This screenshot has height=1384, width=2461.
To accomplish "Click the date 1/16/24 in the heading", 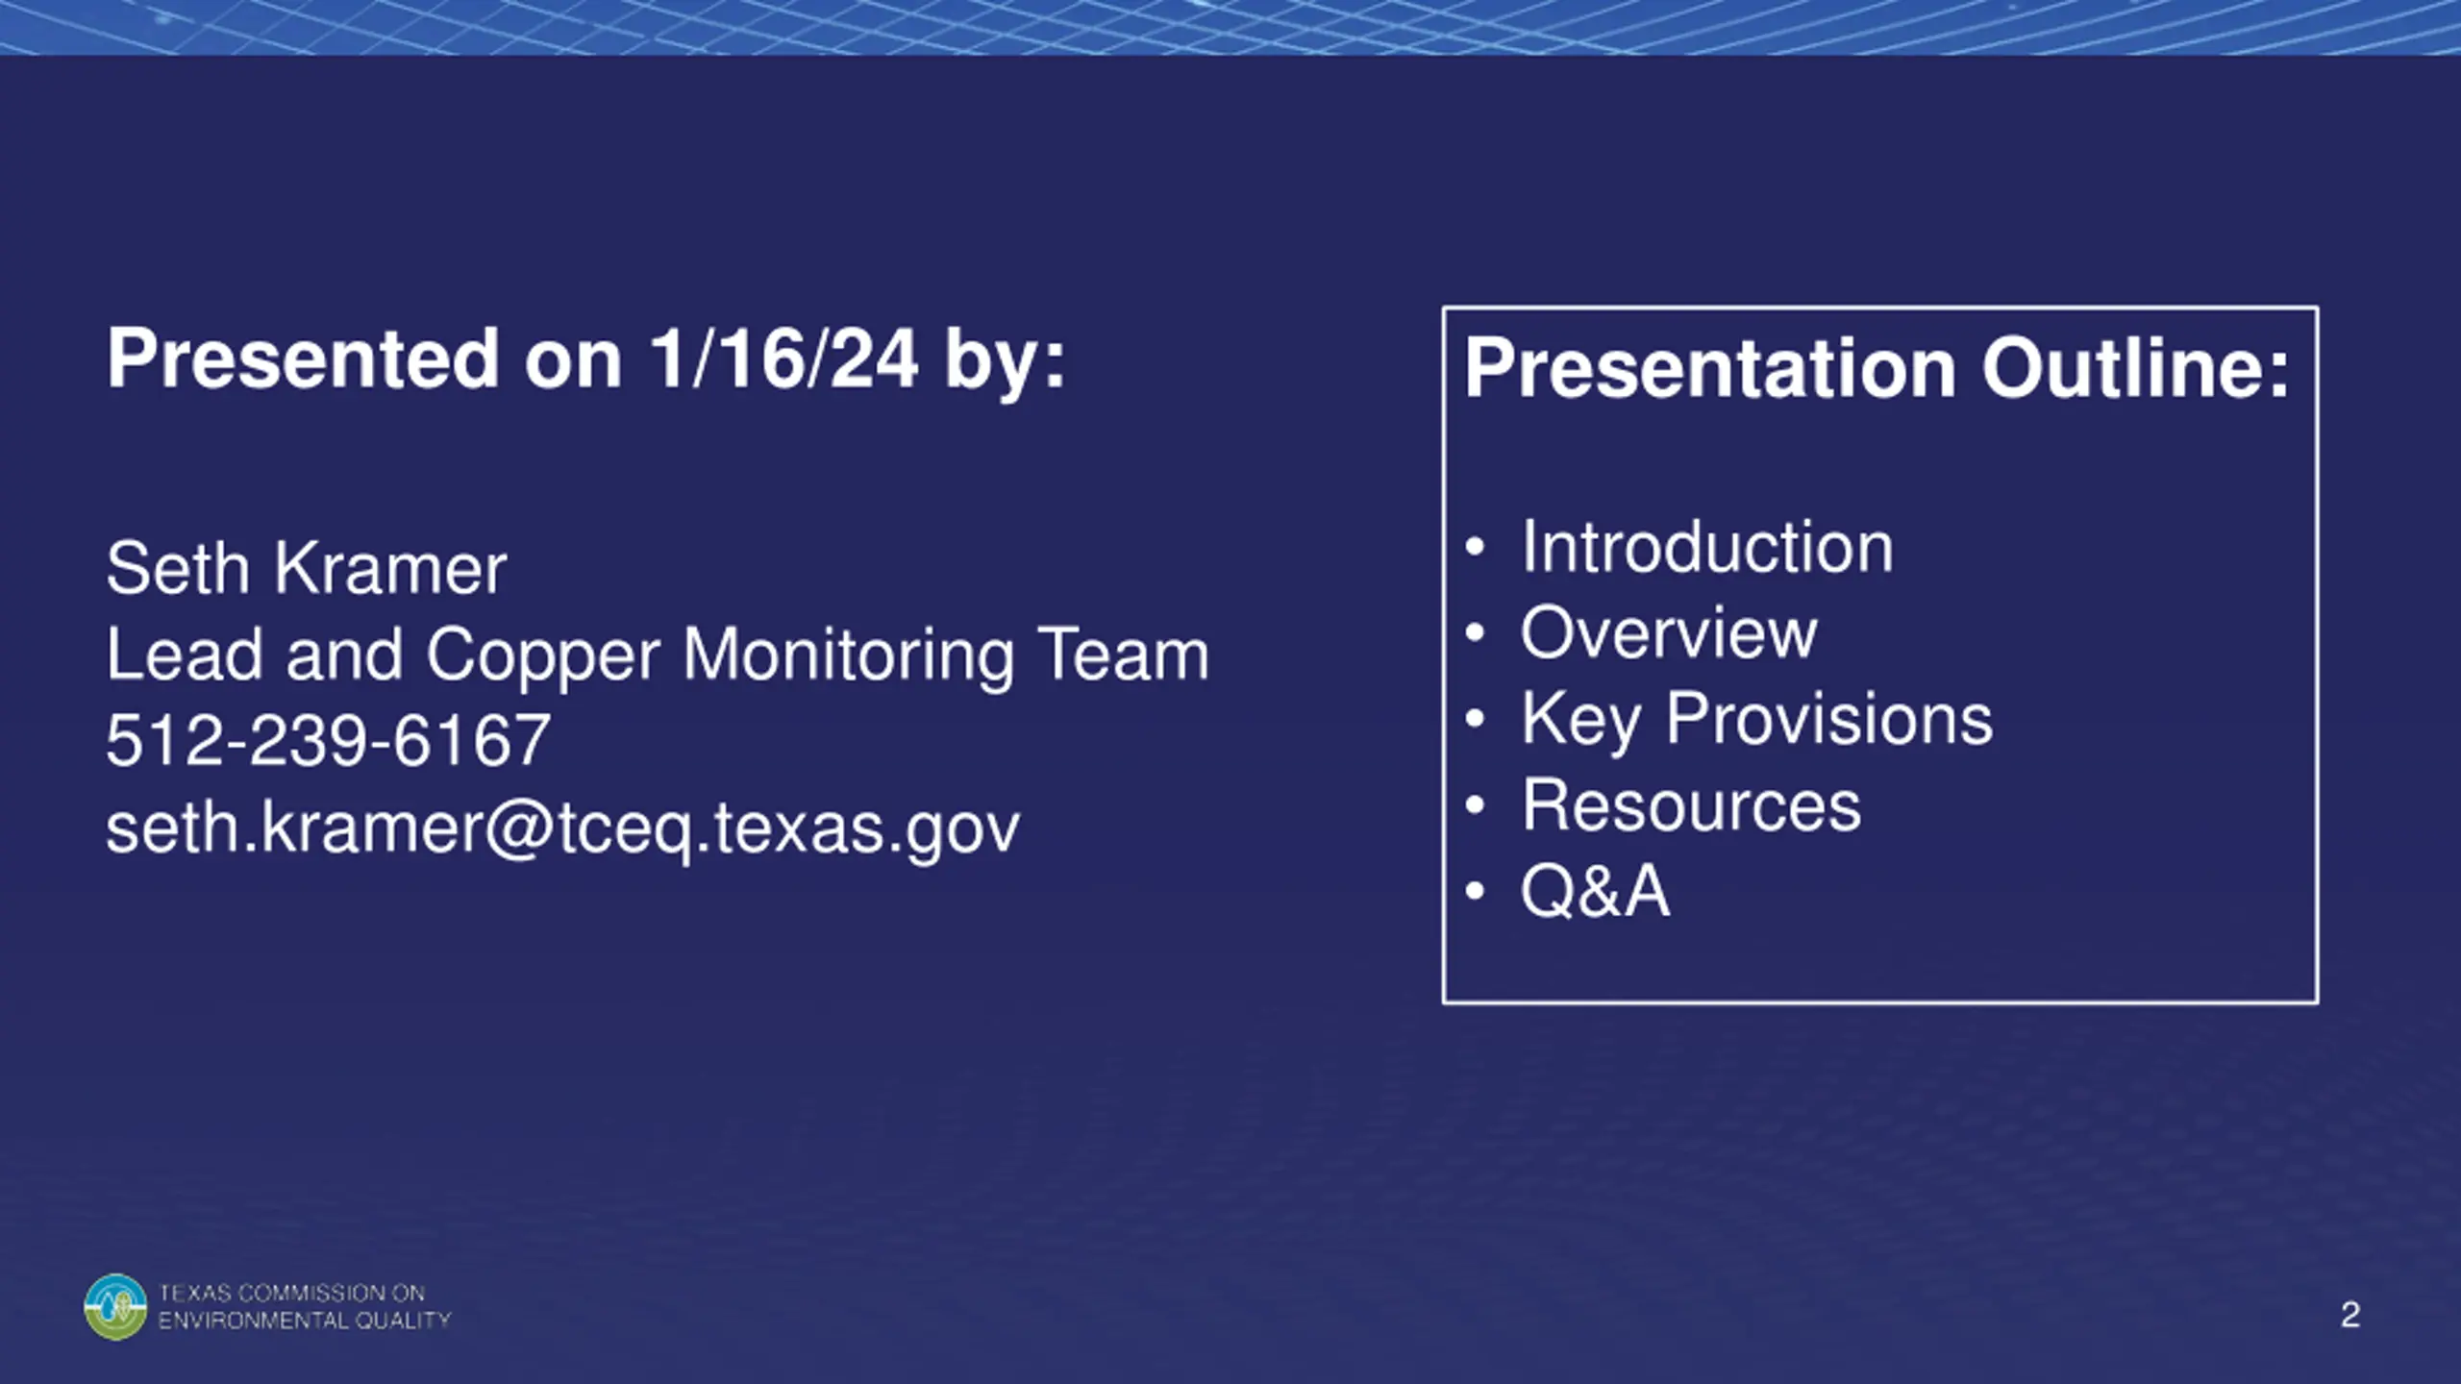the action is [x=783, y=358].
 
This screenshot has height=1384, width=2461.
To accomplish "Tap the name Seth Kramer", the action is [x=307, y=568].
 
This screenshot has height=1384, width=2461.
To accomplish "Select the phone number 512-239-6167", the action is [x=329, y=740].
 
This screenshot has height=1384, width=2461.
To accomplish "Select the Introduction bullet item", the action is [x=1707, y=547].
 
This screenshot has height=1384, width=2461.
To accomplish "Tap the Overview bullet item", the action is [x=1669, y=632].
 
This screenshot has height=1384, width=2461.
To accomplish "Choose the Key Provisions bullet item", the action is [x=1757, y=720].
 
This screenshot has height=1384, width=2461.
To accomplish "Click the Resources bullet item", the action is [x=1691, y=804].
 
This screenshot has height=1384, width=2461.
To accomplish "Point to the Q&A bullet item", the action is [x=1595, y=890].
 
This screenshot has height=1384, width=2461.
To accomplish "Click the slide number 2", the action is [x=2350, y=1315].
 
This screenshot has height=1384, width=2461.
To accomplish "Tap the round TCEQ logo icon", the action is [x=115, y=1307].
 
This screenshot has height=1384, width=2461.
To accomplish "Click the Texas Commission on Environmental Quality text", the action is [x=305, y=1307].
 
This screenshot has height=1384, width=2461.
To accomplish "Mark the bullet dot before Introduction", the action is [x=1476, y=548].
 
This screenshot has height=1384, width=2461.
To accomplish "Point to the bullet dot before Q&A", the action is [x=1476, y=891].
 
